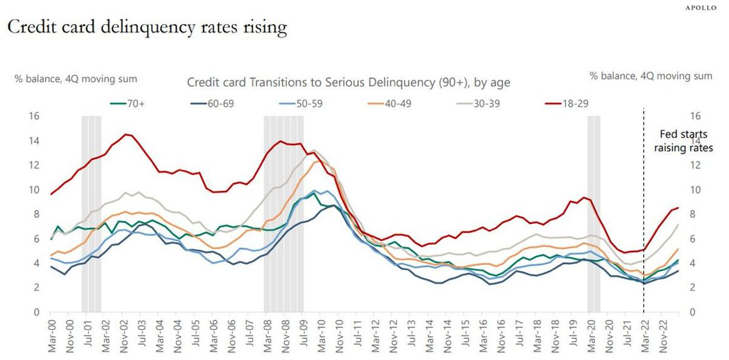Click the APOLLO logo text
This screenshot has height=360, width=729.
point(700,8)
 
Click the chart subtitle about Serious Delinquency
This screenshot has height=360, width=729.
point(348,82)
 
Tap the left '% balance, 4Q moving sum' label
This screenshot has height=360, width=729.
point(76,78)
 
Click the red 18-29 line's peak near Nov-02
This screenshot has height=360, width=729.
point(127,135)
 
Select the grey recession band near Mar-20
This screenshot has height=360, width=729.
point(594,213)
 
